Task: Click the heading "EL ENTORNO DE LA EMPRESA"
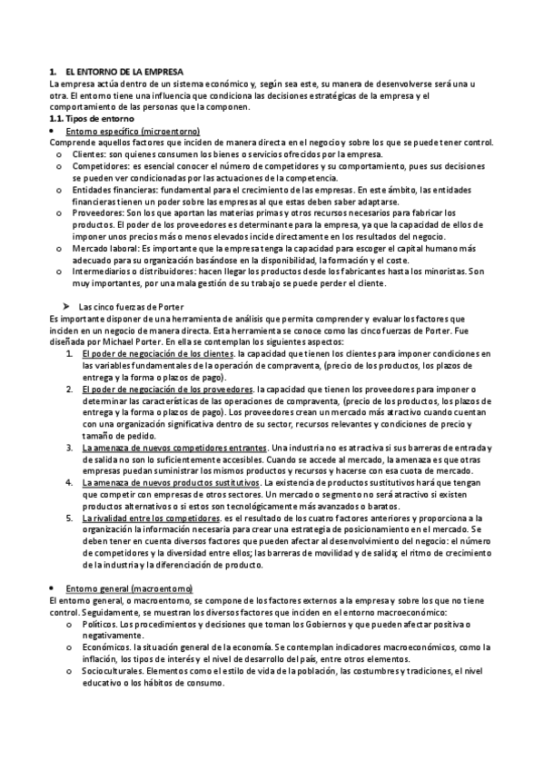pos(124,71)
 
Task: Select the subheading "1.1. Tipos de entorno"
pos(91,119)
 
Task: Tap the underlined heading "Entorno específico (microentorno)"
pos(134,131)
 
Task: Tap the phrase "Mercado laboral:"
pos(105,249)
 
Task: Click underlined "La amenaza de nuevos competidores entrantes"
pos(174,449)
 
